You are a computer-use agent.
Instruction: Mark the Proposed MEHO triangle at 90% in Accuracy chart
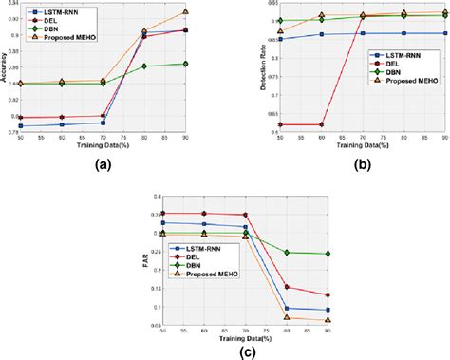[x=185, y=12]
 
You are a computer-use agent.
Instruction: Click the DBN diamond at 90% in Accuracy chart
[x=185, y=64]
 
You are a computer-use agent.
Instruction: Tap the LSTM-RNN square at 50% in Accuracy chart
[x=21, y=125]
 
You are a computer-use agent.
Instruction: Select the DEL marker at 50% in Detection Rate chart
[x=280, y=124]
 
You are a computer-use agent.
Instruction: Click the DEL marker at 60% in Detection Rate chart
[x=322, y=124]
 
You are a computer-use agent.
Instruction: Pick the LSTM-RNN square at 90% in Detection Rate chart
[x=446, y=32]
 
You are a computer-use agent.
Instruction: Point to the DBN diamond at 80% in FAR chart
[x=287, y=253]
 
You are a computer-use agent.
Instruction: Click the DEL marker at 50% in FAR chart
[x=163, y=214]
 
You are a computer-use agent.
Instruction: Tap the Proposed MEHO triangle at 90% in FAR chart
[x=328, y=320]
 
